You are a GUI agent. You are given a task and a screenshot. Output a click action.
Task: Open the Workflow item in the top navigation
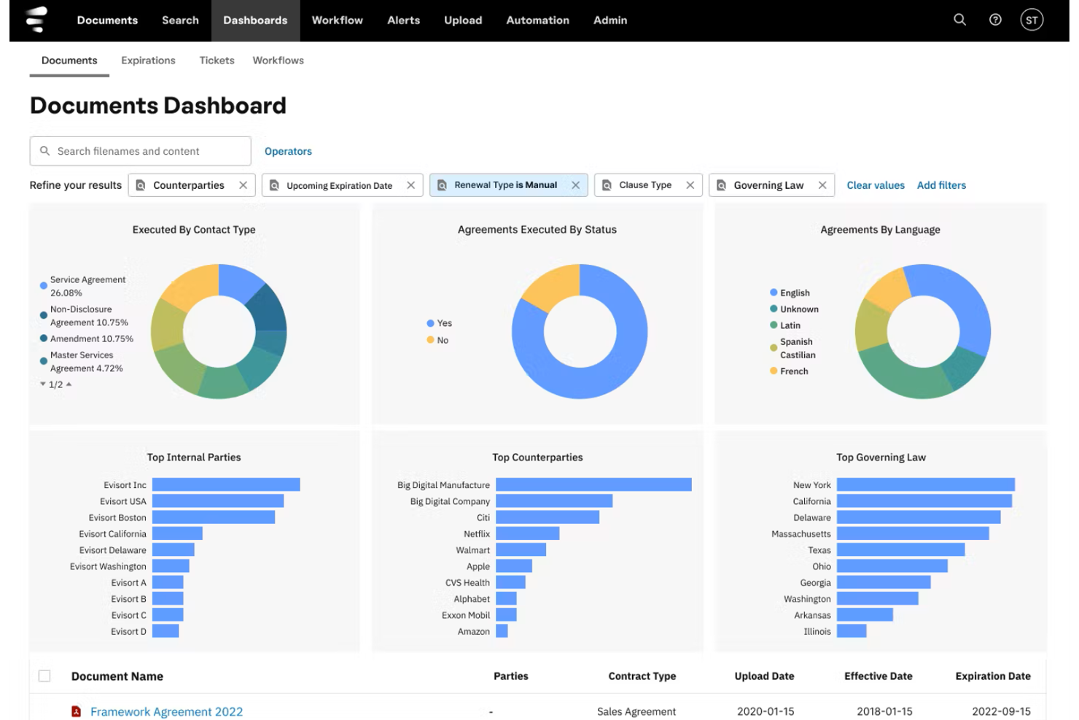[x=337, y=20]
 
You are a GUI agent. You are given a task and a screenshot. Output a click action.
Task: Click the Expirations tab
[x=149, y=61]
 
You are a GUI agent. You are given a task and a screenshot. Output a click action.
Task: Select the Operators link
[x=288, y=151]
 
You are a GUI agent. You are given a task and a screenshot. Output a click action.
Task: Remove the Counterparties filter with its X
[x=244, y=185]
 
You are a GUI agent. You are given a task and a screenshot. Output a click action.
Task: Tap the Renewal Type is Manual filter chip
[x=508, y=185]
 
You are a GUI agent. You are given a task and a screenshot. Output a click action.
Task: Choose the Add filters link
[x=941, y=185]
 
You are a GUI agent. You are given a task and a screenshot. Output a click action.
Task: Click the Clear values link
[x=876, y=185]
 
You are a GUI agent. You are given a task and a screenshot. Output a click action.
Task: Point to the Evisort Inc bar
[x=226, y=484]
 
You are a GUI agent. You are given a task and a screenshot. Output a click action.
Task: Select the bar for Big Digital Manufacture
[x=593, y=484]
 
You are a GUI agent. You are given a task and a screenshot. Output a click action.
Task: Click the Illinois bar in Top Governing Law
[x=851, y=631]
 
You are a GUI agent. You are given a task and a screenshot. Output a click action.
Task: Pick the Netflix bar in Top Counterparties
[x=527, y=533]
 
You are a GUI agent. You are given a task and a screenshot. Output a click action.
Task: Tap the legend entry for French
[x=789, y=371]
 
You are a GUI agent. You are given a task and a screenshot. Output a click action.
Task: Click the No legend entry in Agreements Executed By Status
[x=437, y=340]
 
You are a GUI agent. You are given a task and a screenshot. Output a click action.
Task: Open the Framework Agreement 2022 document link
[x=166, y=711]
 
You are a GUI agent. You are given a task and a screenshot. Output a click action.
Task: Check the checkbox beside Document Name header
[x=44, y=676]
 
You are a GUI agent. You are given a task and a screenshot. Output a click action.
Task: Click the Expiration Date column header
[x=993, y=676]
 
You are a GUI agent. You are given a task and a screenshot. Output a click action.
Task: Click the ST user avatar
[x=1032, y=20]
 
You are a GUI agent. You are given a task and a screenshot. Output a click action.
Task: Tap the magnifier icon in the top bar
[x=959, y=20]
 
